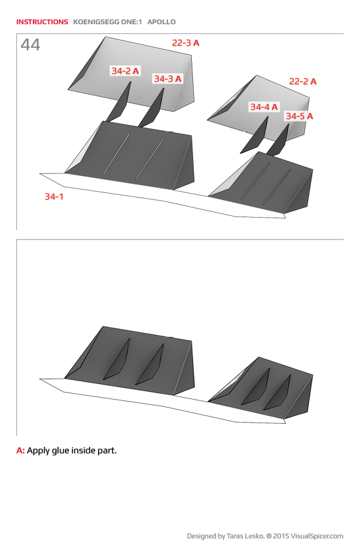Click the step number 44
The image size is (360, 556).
[x=30, y=45]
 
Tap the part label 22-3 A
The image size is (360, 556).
[x=185, y=43]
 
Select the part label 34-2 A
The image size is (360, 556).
[x=125, y=71]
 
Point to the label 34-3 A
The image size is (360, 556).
[x=168, y=78]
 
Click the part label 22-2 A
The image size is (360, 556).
[x=302, y=82]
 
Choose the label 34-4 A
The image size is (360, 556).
[x=263, y=107]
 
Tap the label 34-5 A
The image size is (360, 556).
[x=299, y=116]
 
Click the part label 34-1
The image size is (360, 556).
[x=54, y=196]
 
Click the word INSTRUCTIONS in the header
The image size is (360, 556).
[x=42, y=22]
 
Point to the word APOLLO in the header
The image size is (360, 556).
[x=162, y=22]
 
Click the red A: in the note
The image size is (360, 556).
[x=20, y=451]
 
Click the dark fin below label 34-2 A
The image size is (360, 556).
[x=119, y=103]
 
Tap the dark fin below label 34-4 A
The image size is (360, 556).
[x=256, y=135]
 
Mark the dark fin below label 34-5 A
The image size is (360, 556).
[x=279, y=139]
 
